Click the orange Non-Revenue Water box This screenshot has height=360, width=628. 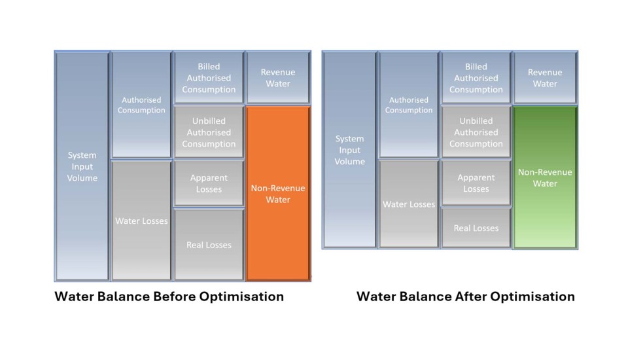277,193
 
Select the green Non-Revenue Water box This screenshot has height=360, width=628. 545,177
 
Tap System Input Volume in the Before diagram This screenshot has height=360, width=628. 82,166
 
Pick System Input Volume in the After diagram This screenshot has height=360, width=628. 349,150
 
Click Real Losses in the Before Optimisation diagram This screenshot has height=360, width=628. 209,245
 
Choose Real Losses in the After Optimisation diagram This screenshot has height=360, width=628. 476,228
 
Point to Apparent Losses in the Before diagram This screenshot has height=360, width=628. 209,183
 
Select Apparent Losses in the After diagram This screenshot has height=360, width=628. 476,183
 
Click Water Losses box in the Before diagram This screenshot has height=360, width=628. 141,221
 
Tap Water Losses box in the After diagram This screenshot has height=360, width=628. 408,204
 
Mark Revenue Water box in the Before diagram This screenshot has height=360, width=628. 277,78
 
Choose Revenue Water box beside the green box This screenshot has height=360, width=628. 545,78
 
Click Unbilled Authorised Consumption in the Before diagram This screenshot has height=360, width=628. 209,132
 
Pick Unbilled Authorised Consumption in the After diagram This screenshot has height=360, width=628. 476,132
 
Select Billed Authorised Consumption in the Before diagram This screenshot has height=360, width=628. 209,78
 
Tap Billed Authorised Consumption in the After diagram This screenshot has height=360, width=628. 476,78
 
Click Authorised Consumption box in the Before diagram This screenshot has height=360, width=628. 141,105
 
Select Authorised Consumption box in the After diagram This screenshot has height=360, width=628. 408,105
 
